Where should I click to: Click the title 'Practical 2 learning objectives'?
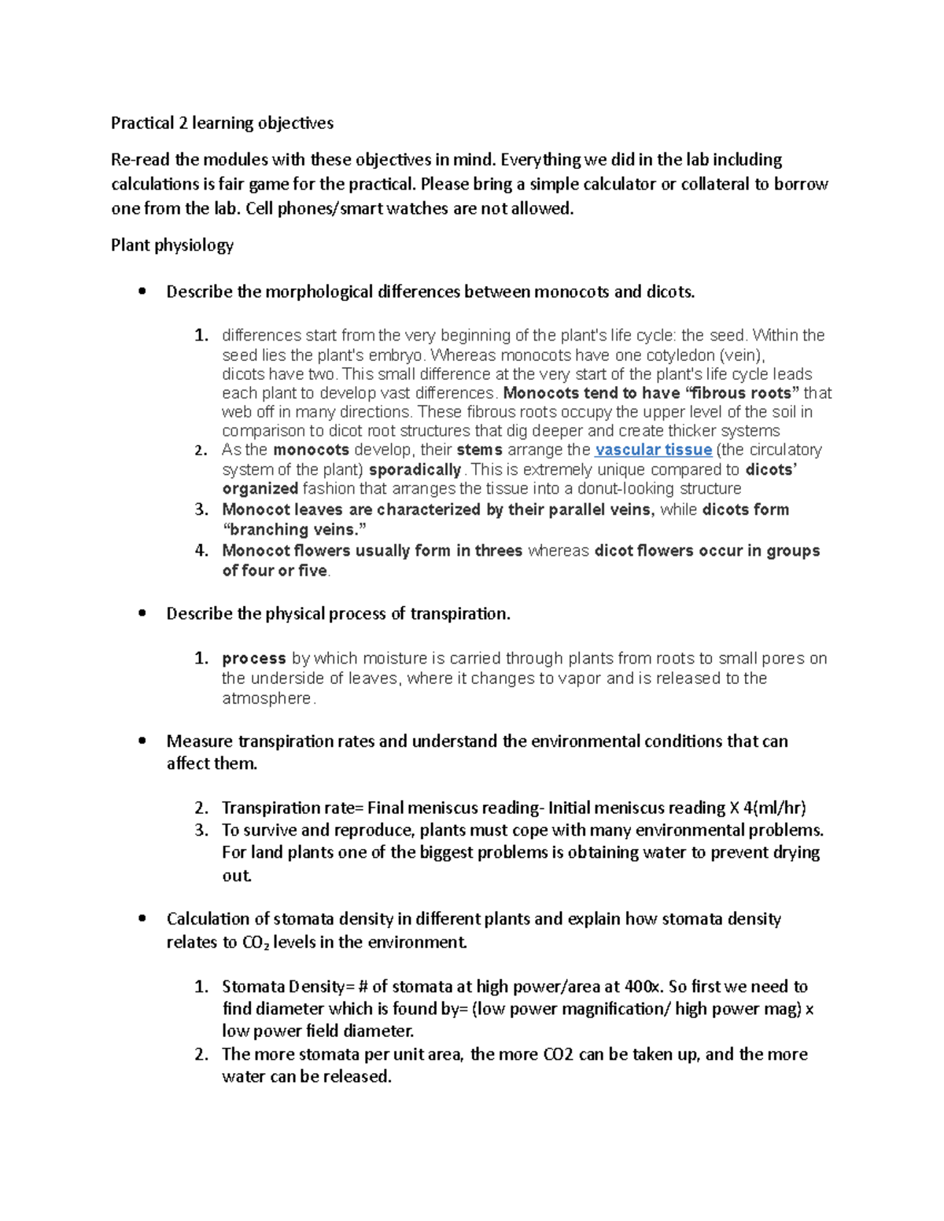pyautogui.click(x=222, y=123)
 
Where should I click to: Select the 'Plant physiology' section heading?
pyautogui.click(x=172, y=245)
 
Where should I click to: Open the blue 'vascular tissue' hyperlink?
pyautogui.click(x=653, y=451)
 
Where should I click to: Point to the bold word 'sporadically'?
pyautogui.click(x=415, y=470)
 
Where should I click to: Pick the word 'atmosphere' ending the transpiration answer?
pyautogui.click(x=267, y=699)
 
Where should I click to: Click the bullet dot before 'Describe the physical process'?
pyautogui.click(x=142, y=614)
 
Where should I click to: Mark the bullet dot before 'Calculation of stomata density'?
pyautogui.click(x=142, y=919)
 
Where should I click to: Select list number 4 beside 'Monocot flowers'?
pyautogui.click(x=201, y=550)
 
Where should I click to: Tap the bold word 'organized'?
pyautogui.click(x=260, y=489)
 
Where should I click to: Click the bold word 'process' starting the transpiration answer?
pyautogui.click(x=254, y=659)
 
